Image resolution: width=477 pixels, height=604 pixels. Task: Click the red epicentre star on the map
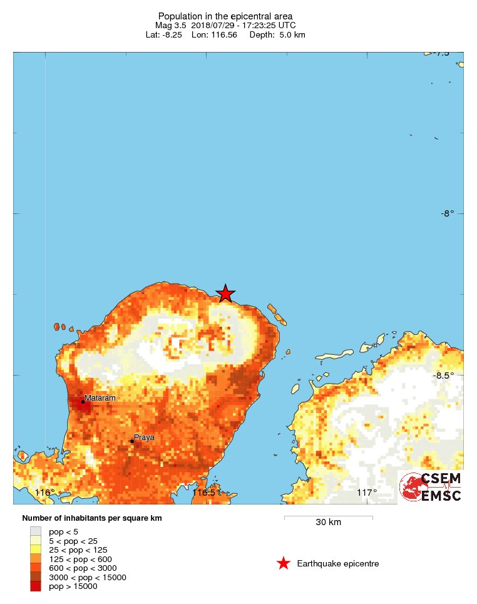click(x=225, y=293)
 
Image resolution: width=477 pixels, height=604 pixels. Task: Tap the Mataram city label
click(x=100, y=397)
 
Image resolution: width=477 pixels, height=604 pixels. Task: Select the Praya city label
click(x=144, y=438)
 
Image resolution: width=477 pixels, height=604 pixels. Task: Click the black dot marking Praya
click(x=132, y=441)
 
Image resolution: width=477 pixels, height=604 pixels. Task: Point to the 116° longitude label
click(x=44, y=493)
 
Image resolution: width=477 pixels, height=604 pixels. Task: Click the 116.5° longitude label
click(x=207, y=493)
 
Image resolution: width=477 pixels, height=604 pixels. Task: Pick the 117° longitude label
click(x=367, y=493)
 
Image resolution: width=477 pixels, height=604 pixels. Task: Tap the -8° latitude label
click(x=447, y=213)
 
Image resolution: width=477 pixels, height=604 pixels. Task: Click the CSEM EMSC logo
click(x=431, y=487)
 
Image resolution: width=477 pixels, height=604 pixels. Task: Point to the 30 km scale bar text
click(x=328, y=523)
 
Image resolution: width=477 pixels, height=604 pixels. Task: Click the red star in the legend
click(x=284, y=563)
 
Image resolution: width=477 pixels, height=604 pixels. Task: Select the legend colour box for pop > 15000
click(x=36, y=586)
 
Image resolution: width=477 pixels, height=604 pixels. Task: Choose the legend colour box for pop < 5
click(x=36, y=531)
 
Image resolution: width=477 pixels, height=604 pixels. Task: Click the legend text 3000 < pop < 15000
click(x=88, y=577)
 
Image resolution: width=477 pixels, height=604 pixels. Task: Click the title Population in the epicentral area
click(x=225, y=16)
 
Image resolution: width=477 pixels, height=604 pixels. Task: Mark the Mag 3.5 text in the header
click(x=171, y=25)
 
